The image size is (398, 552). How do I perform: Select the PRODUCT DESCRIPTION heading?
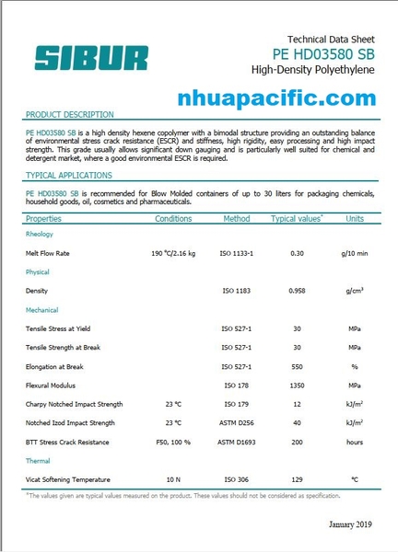[69, 115]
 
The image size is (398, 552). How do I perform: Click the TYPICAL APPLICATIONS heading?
[69, 175]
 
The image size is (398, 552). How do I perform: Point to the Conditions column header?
[173, 219]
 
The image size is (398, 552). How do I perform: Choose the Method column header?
[237, 219]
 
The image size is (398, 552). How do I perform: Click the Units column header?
[355, 219]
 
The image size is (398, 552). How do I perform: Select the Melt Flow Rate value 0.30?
[297, 252]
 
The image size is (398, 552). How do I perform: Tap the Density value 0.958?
[297, 291]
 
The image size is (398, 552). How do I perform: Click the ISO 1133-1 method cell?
[237, 252]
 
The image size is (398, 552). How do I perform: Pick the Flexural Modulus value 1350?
[297, 385]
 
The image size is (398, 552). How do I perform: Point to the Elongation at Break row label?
[55, 367]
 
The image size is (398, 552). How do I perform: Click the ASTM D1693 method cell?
[237, 443]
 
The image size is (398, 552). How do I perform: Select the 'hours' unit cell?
[355, 443]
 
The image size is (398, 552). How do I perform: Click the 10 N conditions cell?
[173, 480]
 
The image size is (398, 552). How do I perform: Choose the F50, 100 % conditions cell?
[173, 443]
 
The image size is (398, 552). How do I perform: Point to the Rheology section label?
[41, 235]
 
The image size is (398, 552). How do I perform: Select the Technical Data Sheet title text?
[332, 40]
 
